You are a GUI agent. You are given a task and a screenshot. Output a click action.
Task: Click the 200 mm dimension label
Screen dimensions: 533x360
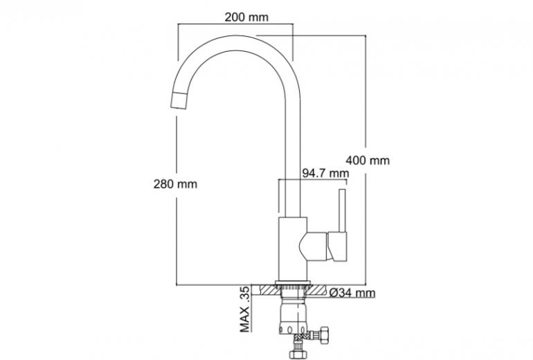(x=246, y=17)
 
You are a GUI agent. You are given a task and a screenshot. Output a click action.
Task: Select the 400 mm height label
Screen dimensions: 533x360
(x=368, y=160)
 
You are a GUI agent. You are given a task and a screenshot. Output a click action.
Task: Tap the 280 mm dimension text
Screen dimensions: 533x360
(x=175, y=184)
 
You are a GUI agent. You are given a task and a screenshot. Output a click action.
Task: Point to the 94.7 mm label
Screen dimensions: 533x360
(x=325, y=173)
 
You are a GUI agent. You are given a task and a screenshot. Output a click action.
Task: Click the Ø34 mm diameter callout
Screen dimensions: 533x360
(x=352, y=293)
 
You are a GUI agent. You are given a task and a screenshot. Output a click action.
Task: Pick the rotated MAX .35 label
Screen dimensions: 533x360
(x=245, y=309)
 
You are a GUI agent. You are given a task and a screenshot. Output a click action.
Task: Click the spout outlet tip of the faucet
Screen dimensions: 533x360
(x=179, y=100)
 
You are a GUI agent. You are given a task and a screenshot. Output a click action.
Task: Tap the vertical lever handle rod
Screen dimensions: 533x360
(x=342, y=210)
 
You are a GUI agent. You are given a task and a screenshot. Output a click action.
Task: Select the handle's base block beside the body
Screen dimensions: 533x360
(x=337, y=246)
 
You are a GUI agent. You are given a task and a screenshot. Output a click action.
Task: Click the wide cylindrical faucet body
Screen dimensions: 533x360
(x=293, y=249)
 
